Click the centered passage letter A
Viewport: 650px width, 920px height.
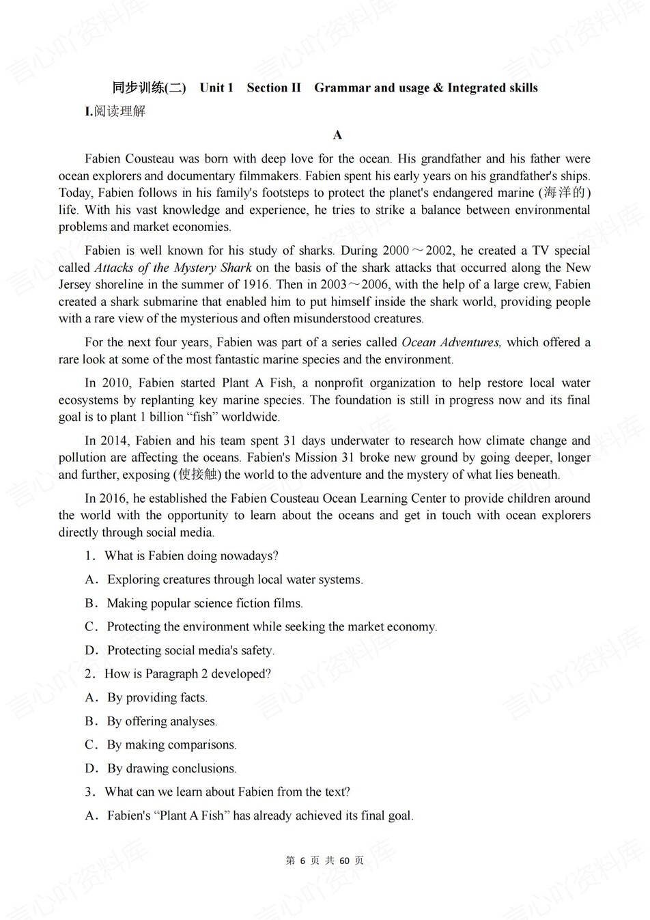pyautogui.click(x=337, y=135)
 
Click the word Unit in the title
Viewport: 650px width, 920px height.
pyautogui.click(x=212, y=87)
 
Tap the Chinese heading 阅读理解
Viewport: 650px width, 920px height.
pyautogui.click(x=119, y=111)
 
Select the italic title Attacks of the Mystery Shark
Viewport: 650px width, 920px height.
pyautogui.click(x=173, y=268)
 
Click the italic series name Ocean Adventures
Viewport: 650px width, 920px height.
pyautogui.click(x=451, y=342)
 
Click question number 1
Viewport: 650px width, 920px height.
pyautogui.click(x=89, y=556)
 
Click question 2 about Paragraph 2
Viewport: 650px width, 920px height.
pyautogui.click(x=187, y=674)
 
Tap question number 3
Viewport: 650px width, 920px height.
pyautogui.click(x=89, y=792)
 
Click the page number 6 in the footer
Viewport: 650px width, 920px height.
pyautogui.click(x=302, y=861)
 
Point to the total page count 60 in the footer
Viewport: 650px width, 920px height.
pyautogui.click(x=344, y=861)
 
